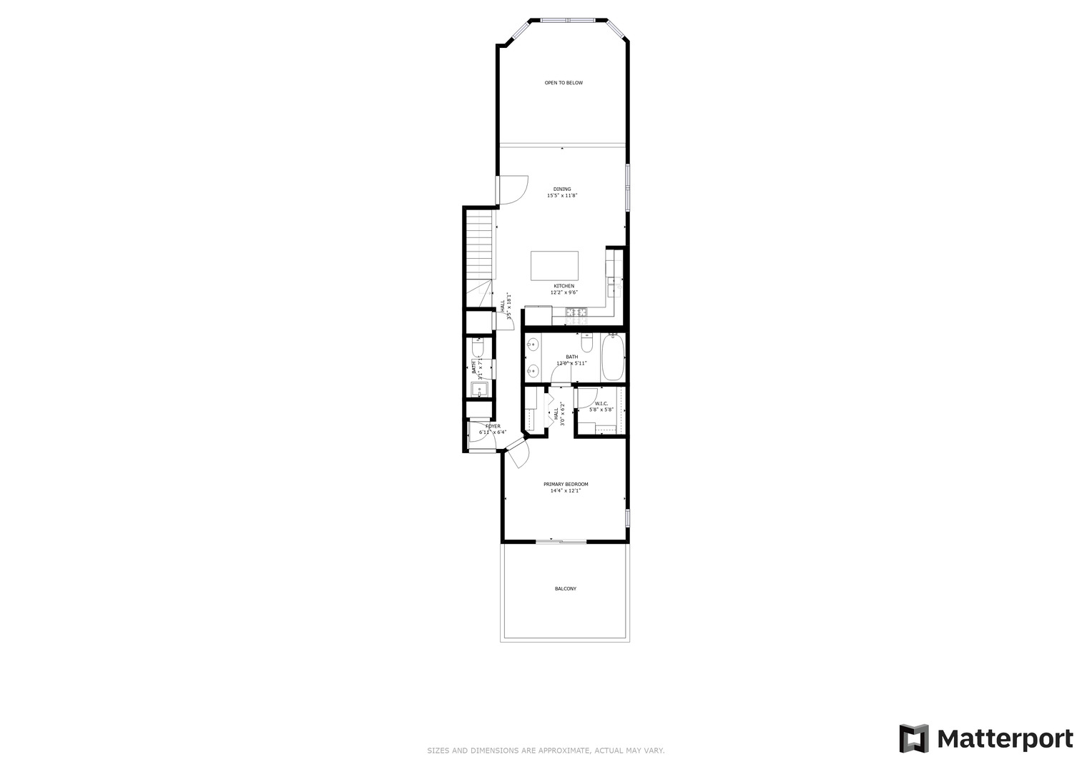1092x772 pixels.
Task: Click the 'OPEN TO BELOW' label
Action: point(564,83)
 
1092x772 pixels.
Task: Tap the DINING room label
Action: point(562,189)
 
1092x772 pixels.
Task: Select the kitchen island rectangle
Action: point(555,266)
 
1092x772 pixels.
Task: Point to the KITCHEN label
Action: point(564,286)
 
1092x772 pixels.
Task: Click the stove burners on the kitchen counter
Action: point(576,312)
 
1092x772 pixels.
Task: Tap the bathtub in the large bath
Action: point(614,358)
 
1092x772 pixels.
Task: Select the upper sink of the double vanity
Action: point(532,345)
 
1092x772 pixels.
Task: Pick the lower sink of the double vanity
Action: point(532,370)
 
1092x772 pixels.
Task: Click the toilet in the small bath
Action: point(478,348)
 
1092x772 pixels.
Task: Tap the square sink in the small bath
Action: point(478,390)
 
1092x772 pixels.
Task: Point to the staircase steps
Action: point(479,244)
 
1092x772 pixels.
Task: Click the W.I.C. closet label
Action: point(601,404)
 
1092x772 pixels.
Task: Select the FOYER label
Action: point(493,426)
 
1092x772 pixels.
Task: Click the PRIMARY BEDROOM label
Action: point(566,484)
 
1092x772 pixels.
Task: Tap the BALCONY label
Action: point(565,589)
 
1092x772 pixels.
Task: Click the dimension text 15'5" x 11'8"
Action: point(562,196)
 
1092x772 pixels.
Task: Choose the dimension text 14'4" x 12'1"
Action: point(565,491)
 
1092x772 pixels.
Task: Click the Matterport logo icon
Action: point(913,738)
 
